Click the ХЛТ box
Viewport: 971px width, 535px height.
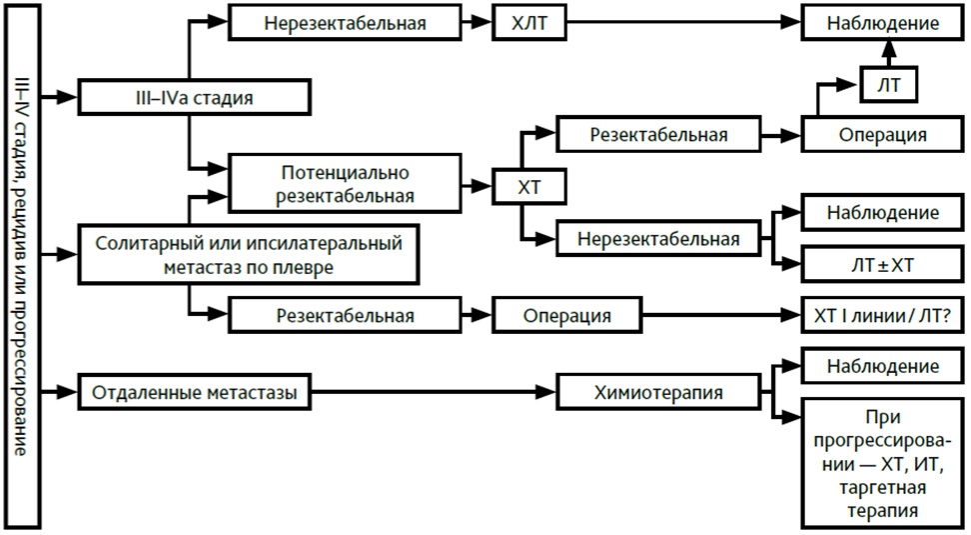(528, 23)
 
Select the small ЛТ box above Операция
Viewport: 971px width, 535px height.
(889, 85)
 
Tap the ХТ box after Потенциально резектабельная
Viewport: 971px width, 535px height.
(528, 187)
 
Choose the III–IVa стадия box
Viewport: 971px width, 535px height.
(194, 97)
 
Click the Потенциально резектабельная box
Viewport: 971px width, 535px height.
(345, 183)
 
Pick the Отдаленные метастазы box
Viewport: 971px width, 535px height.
(194, 392)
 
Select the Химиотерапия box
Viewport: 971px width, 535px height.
(658, 392)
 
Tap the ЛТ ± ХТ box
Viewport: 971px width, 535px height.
(882, 265)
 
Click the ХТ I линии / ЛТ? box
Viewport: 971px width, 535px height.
(882, 315)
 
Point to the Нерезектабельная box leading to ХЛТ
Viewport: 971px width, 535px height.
(345, 23)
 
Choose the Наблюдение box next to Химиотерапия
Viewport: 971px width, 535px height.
(882, 366)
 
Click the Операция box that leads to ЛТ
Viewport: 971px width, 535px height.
(882, 134)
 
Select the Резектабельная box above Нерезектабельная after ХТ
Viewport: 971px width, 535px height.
(658, 134)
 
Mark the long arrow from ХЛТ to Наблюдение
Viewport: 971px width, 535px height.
(683, 22)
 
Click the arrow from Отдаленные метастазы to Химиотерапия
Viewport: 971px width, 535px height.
(434, 392)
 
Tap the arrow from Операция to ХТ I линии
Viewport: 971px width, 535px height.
(721, 315)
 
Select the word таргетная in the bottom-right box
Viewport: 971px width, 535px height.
(882, 487)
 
